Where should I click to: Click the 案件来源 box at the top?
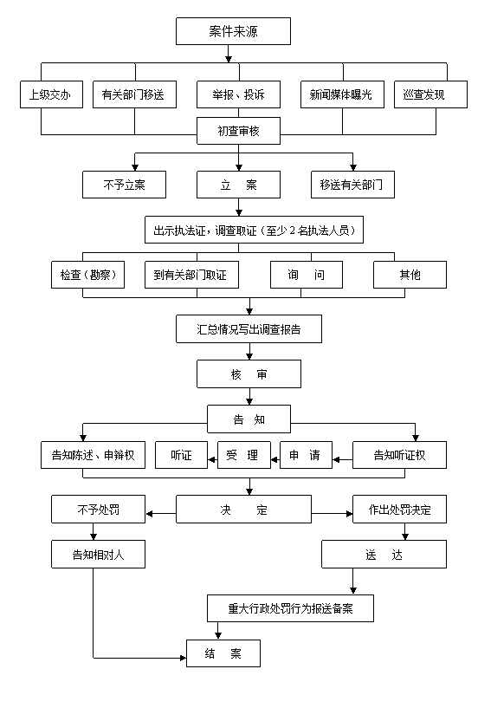233,31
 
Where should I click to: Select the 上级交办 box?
51,94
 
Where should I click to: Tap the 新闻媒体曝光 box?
342,94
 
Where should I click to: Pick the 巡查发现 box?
430,94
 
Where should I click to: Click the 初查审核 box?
238,131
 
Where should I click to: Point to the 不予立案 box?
124,185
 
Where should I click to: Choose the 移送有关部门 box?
352,185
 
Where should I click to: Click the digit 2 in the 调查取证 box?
293,231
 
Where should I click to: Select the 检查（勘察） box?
87,275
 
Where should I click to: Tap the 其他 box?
410,275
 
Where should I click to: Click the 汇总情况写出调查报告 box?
249,329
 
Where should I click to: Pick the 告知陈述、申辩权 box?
93,455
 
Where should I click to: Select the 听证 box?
182,455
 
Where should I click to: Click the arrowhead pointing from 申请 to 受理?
275,459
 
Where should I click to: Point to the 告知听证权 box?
399,455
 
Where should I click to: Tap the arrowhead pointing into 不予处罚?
150,514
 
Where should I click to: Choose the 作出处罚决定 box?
399,510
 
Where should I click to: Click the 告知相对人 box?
99,555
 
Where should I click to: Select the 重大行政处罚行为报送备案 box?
290,608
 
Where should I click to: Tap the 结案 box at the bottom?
223,653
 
